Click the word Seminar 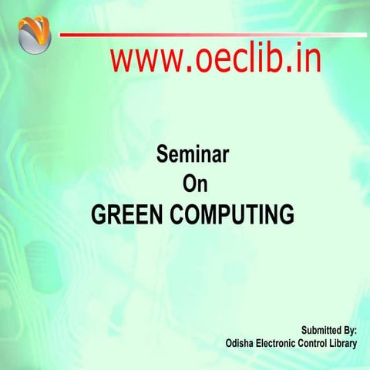pyautogui.click(x=193, y=156)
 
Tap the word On pyautogui.click(x=193, y=184)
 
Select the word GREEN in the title pyautogui.click(x=123, y=214)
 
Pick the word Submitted pyautogui.click(x=318, y=329)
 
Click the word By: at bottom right pyautogui.click(x=348, y=329)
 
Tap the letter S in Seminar pyautogui.click(x=162, y=156)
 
